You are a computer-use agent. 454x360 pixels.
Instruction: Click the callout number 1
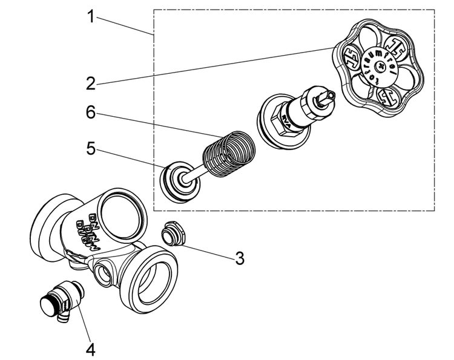90,16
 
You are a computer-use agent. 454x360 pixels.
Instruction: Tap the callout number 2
90,83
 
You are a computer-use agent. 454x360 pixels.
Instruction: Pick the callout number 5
90,149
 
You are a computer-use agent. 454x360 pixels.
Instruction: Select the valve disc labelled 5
180,180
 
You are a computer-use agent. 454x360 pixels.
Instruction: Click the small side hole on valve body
104,273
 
